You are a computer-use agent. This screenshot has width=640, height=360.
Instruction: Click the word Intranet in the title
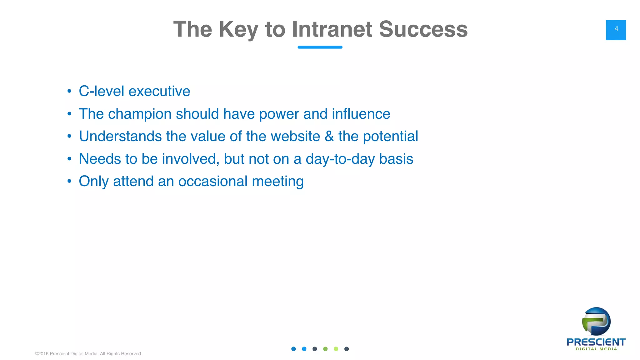click(332, 29)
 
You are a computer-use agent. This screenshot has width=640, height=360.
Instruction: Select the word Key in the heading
click(238, 29)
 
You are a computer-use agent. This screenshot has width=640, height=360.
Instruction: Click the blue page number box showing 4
click(616, 30)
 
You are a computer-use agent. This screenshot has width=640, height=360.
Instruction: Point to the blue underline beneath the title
click(320, 47)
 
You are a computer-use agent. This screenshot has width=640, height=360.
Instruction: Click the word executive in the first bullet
click(159, 91)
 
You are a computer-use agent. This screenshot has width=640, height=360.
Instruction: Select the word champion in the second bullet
click(139, 114)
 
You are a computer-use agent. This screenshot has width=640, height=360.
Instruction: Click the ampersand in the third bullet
click(329, 136)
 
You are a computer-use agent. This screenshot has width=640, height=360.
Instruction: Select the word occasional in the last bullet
click(212, 181)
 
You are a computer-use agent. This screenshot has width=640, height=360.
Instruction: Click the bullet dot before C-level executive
click(69, 91)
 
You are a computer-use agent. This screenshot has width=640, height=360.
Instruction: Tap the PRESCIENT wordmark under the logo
click(596, 342)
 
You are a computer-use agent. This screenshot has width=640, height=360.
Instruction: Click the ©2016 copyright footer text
click(88, 354)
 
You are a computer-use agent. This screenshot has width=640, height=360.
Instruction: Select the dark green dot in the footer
click(325, 349)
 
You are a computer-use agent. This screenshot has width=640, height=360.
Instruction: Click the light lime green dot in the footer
click(336, 349)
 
